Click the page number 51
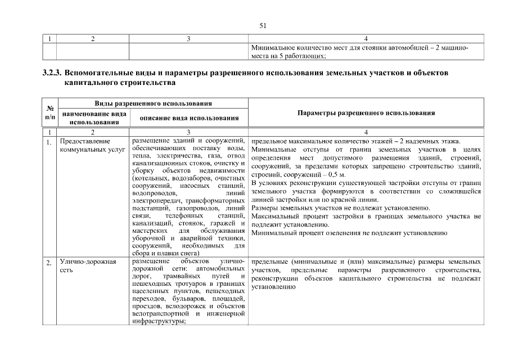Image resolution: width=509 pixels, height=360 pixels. click(x=262, y=25)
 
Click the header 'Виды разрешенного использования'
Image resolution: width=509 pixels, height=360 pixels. click(x=153, y=103)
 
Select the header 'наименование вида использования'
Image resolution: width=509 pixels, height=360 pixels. click(x=93, y=118)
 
